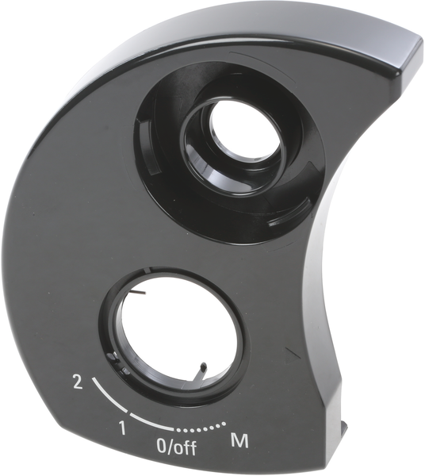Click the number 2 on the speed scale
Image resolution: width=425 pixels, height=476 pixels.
[x=78, y=382]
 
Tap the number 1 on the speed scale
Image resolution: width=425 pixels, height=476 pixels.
[x=122, y=428]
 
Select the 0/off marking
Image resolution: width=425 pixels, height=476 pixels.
[x=177, y=446]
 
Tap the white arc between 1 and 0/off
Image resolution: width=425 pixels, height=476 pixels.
[x=150, y=423]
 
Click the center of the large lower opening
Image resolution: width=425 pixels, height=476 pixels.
[x=178, y=334]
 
